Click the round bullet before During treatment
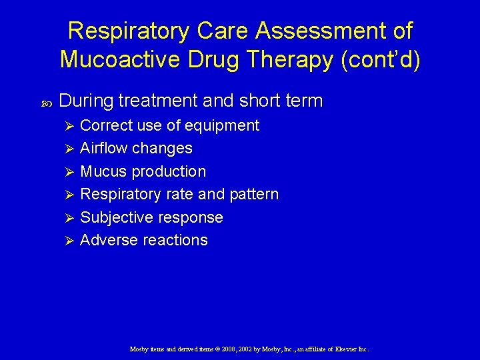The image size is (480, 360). point(46,102)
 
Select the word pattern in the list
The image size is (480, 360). point(254,194)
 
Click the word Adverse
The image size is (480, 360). point(108,240)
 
